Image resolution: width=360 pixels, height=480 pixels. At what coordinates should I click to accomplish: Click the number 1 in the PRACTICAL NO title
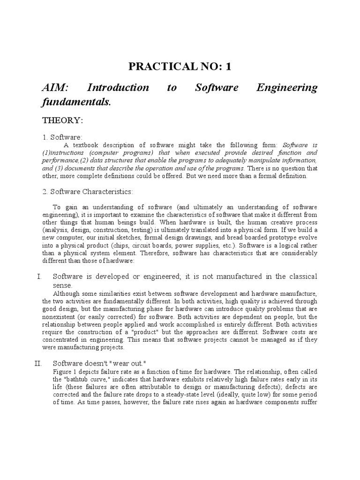tap(228, 67)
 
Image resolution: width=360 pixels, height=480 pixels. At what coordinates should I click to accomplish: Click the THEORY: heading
tap(63, 120)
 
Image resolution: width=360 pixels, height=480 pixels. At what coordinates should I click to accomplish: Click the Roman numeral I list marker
tap(39, 277)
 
